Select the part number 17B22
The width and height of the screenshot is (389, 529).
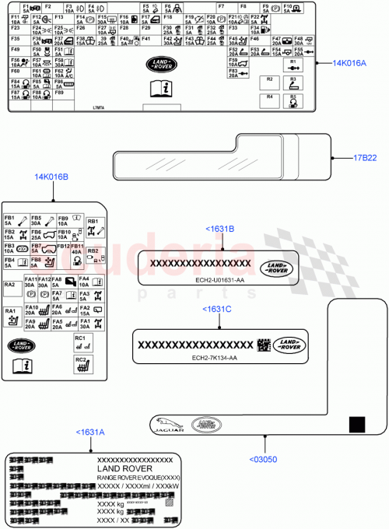click(x=365, y=158)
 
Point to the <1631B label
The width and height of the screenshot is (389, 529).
click(x=219, y=229)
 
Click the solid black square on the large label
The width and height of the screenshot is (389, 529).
click(x=356, y=423)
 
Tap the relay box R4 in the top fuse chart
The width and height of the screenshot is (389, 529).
click(x=269, y=100)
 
